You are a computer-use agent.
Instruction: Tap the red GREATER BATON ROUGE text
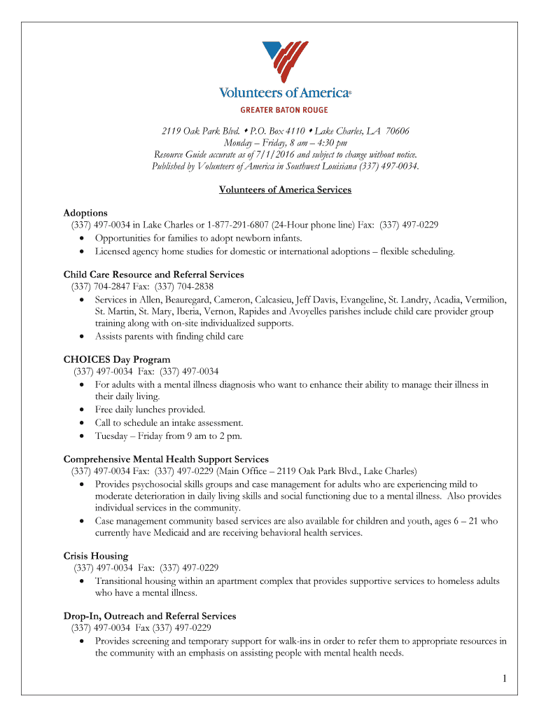284,110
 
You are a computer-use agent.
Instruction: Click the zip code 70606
397,131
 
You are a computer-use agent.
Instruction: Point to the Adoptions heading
85,213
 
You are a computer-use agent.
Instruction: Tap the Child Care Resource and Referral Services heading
153,274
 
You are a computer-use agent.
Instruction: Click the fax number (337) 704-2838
184,286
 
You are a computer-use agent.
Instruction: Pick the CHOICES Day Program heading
117,360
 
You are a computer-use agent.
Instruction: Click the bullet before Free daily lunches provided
83,410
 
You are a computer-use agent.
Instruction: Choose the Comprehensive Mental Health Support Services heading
166,459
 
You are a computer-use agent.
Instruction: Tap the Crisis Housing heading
96,556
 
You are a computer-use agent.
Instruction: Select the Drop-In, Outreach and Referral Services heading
150,616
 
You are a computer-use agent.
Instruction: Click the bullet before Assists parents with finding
83,337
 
